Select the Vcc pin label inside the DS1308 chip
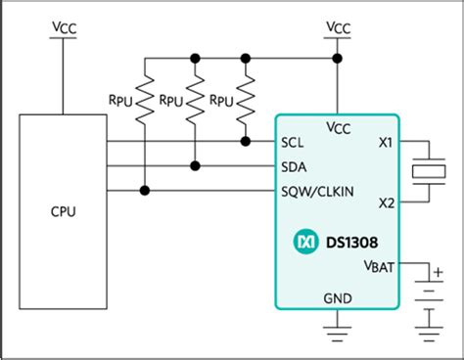(x=337, y=125)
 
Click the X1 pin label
(x=385, y=143)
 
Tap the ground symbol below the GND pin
(x=337, y=325)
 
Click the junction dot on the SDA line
(x=196, y=164)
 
